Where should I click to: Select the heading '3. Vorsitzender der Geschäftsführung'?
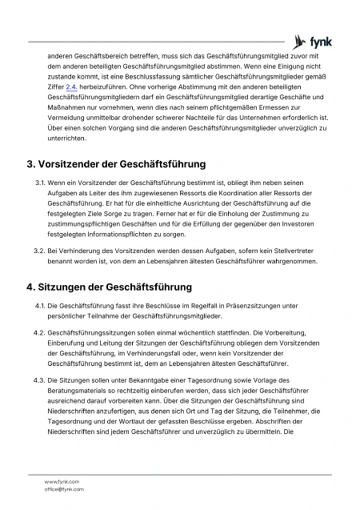(x=116, y=164)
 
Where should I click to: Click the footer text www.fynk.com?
(x=62, y=481)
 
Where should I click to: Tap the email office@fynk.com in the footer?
(x=64, y=488)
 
